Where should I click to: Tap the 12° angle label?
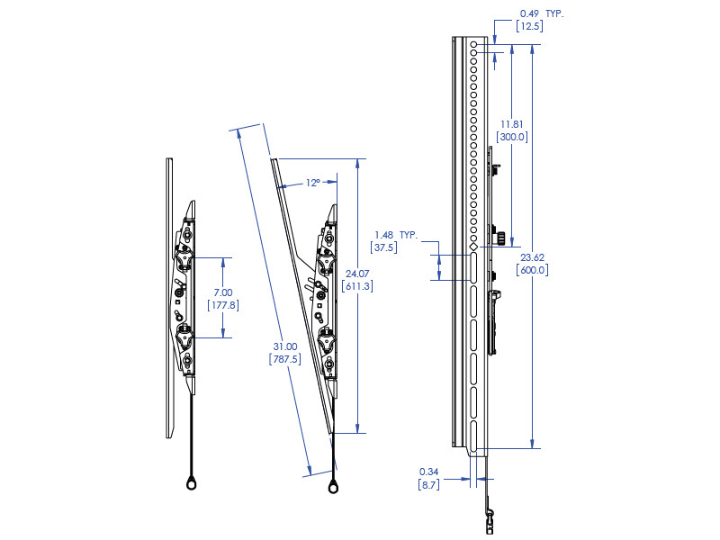pos(312,183)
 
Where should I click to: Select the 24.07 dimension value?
pos(357,273)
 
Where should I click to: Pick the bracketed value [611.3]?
pos(357,285)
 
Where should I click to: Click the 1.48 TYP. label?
pos(395,234)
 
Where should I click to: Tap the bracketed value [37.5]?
pos(384,247)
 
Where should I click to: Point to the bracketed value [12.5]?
pos(528,27)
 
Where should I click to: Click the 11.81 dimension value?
pos(512,124)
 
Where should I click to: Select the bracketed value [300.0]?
pos(512,137)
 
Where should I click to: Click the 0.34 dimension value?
pos(428,472)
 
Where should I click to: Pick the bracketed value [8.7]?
pos(428,484)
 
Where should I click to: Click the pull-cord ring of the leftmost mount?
pos(193,484)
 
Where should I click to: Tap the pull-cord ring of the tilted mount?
pos(334,487)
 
